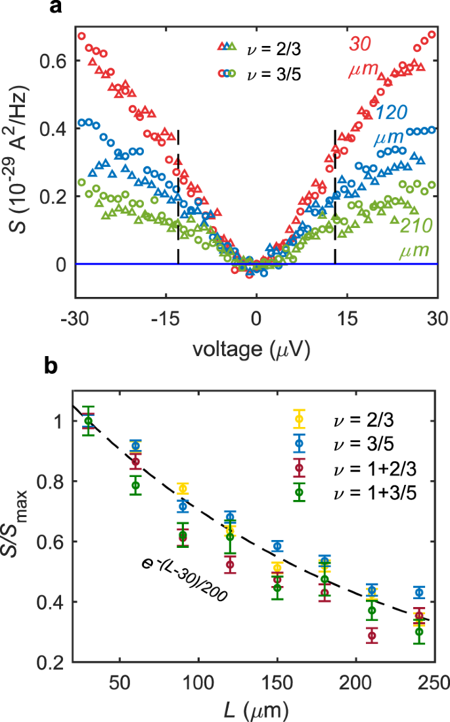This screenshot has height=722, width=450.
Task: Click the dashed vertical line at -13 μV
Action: pyautogui.click(x=178, y=197)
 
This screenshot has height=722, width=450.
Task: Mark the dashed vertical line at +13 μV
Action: pyautogui.click(x=335, y=197)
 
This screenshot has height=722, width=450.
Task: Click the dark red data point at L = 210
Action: pyautogui.click(x=372, y=635)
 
